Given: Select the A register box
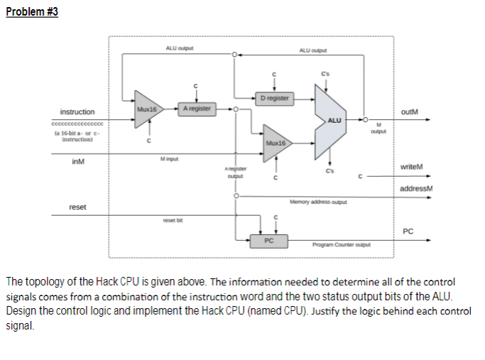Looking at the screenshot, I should pos(196,109).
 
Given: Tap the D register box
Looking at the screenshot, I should pos(274,97).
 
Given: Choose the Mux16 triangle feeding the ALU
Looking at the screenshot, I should pos(276,143).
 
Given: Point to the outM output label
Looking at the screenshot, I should pos(410,111).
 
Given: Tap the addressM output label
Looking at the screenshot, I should pos(416,188).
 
